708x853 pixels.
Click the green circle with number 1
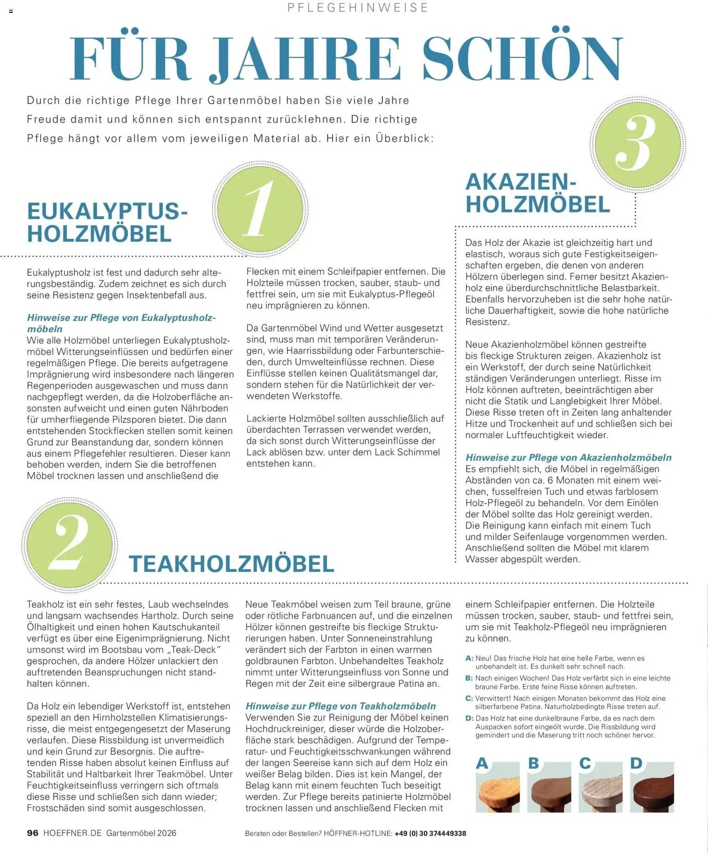[x=260, y=209]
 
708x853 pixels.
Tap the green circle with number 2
[x=69, y=544]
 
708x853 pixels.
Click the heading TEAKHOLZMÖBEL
[x=232, y=564]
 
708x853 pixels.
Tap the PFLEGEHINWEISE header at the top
[x=358, y=8]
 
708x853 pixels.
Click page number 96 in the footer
[x=33, y=833]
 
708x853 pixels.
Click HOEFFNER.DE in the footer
[x=72, y=833]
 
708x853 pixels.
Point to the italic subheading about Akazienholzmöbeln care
[x=568, y=457]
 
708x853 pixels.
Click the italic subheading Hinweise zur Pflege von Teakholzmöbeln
[x=340, y=706]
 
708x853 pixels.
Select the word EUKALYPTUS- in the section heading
[x=107, y=212]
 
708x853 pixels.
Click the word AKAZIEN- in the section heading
[x=521, y=182]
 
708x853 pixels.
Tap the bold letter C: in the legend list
[x=469, y=698]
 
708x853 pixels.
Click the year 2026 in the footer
[x=167, y=833]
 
